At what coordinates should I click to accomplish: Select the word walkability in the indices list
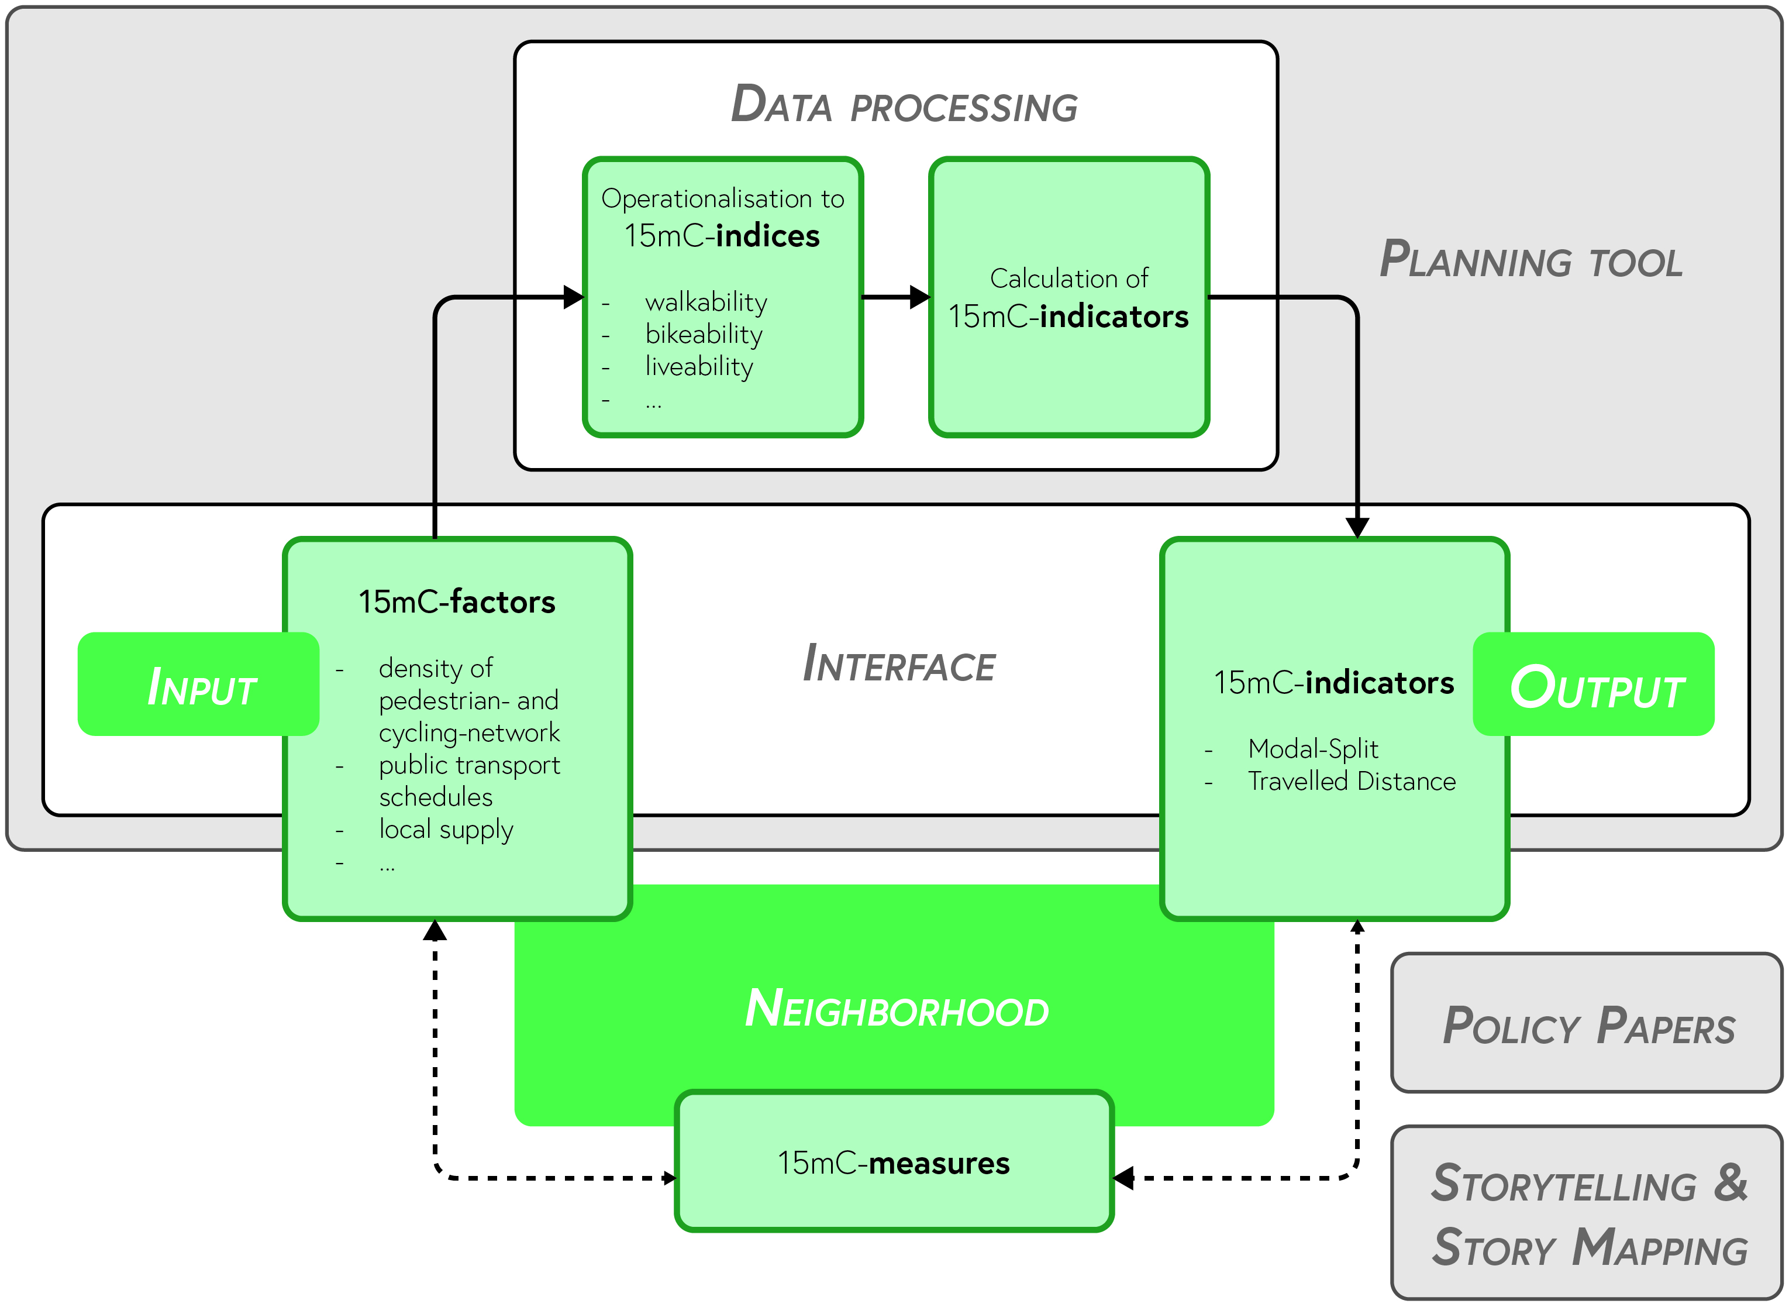click(705, 302)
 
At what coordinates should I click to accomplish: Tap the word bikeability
click(703, 335)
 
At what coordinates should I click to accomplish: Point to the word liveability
click(698, 367)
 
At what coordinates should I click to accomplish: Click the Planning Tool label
click(1531, 260)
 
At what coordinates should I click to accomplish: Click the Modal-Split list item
click(1312, 748)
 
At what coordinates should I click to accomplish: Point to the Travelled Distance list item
click(1351, 782)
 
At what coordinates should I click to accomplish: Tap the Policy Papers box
click(1587, 1024)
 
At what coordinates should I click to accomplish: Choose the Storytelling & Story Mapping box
click(1587, 1215)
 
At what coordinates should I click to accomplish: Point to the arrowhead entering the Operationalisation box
click(573, 297)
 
